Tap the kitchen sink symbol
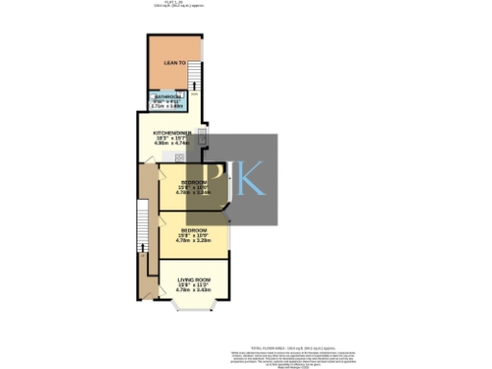click(x=202, y=131)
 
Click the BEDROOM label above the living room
click(x=195, y=230)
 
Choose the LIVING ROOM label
click(x=194, y=280)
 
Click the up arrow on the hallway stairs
click(x=142, y=248)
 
